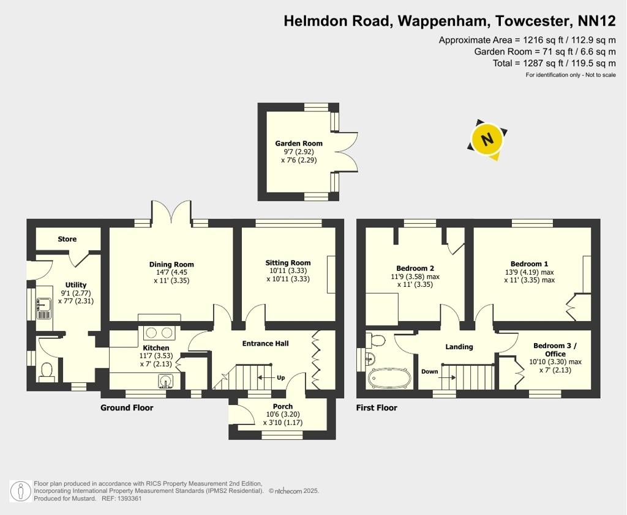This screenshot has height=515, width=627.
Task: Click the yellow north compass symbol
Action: click(x=487, y=139)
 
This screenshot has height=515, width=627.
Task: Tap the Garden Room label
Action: click(x=299, y=144)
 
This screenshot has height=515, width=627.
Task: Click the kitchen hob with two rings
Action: click(x=159, y=333)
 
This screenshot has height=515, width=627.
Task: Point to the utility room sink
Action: click(x=44, y=308)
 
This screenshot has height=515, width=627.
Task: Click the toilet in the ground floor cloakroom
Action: click(x=47, y=371)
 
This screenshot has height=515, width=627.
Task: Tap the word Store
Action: click(x=67, y=239)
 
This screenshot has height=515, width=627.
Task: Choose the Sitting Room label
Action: click(x=288, y=263)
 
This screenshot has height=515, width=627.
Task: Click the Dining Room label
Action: click(x=171, y=264)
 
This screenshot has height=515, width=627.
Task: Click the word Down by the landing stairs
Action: click(x=430, y=371)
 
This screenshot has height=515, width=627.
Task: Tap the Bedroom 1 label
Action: click(x=530, y=264)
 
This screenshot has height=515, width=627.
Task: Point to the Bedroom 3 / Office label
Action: click(x=555, y=350)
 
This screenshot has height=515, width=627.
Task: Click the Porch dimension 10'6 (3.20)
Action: click(x=283, y=414)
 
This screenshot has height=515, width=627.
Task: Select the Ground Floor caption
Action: click(x=127, y=407)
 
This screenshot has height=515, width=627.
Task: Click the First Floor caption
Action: click(x=377, y=407)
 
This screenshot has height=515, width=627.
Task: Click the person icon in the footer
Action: click(x=20, y=491)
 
